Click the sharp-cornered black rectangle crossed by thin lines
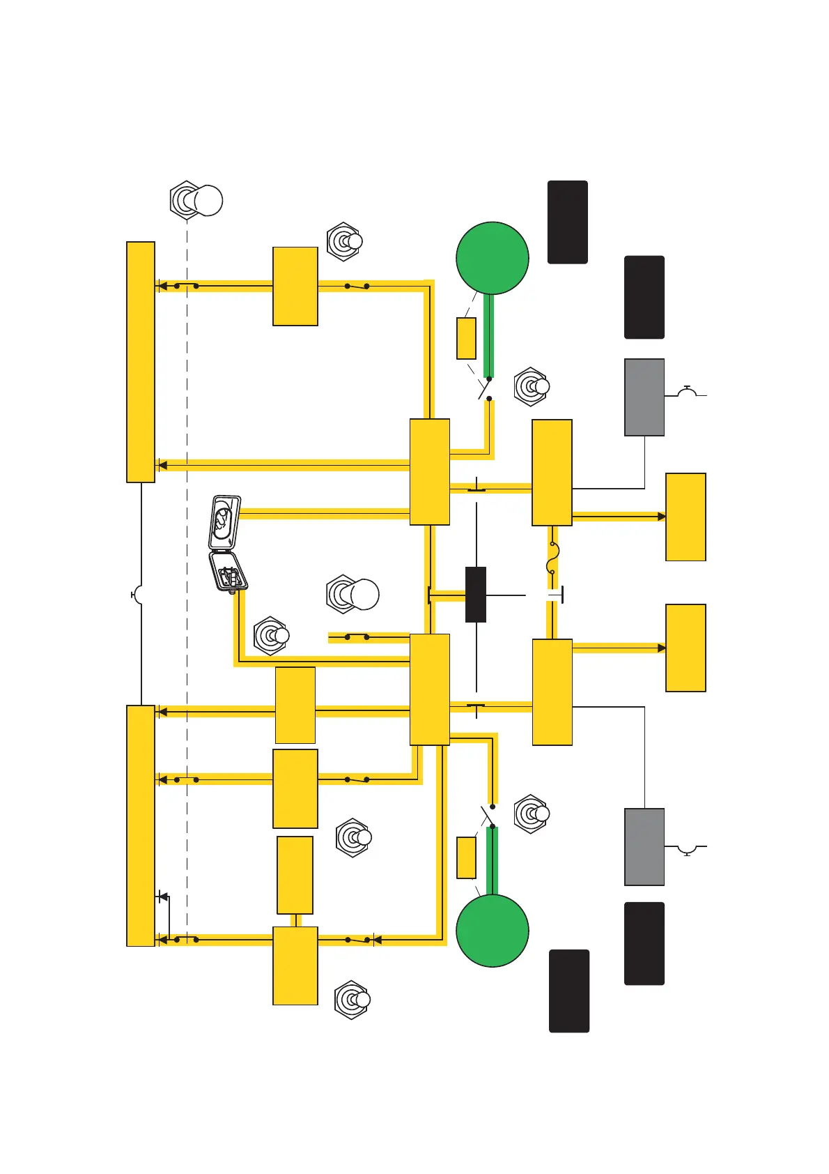coord(475,595)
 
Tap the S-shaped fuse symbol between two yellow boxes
coord(552,558)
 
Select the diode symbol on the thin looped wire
coord(163,896)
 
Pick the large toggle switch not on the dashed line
coord(352,595)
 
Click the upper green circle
coord(492,258)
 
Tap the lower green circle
coord(492,931)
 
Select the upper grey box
coord(644,397)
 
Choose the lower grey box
coord(644,847)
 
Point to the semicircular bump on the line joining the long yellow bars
coord(137,595)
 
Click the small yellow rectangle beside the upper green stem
coord(466,339)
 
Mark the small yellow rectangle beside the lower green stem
coord(466,857)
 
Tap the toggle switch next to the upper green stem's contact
coord(532,386)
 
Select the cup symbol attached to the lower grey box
coord(688,850)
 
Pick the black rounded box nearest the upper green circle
coord(567,222)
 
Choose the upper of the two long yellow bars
coord(140,362)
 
